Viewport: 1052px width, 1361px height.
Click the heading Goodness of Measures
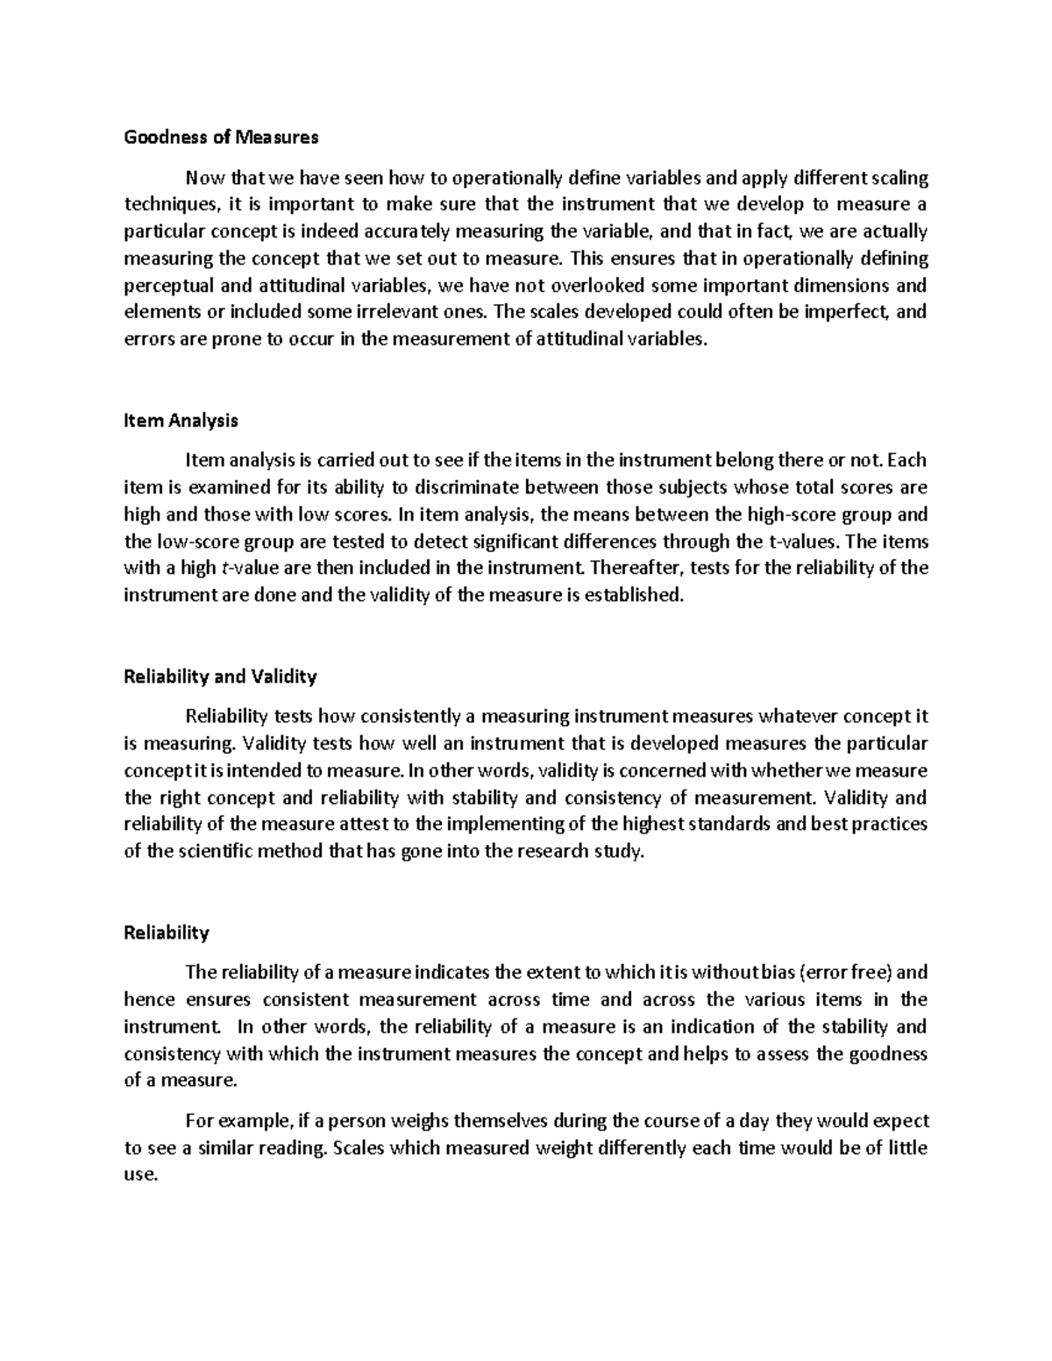(x=221, y=137)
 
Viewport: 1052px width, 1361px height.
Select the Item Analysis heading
(x=181, y=420)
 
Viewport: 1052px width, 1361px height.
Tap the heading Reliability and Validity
(x=220, y=677)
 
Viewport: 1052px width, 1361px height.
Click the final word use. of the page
(x=140, y=1175)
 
